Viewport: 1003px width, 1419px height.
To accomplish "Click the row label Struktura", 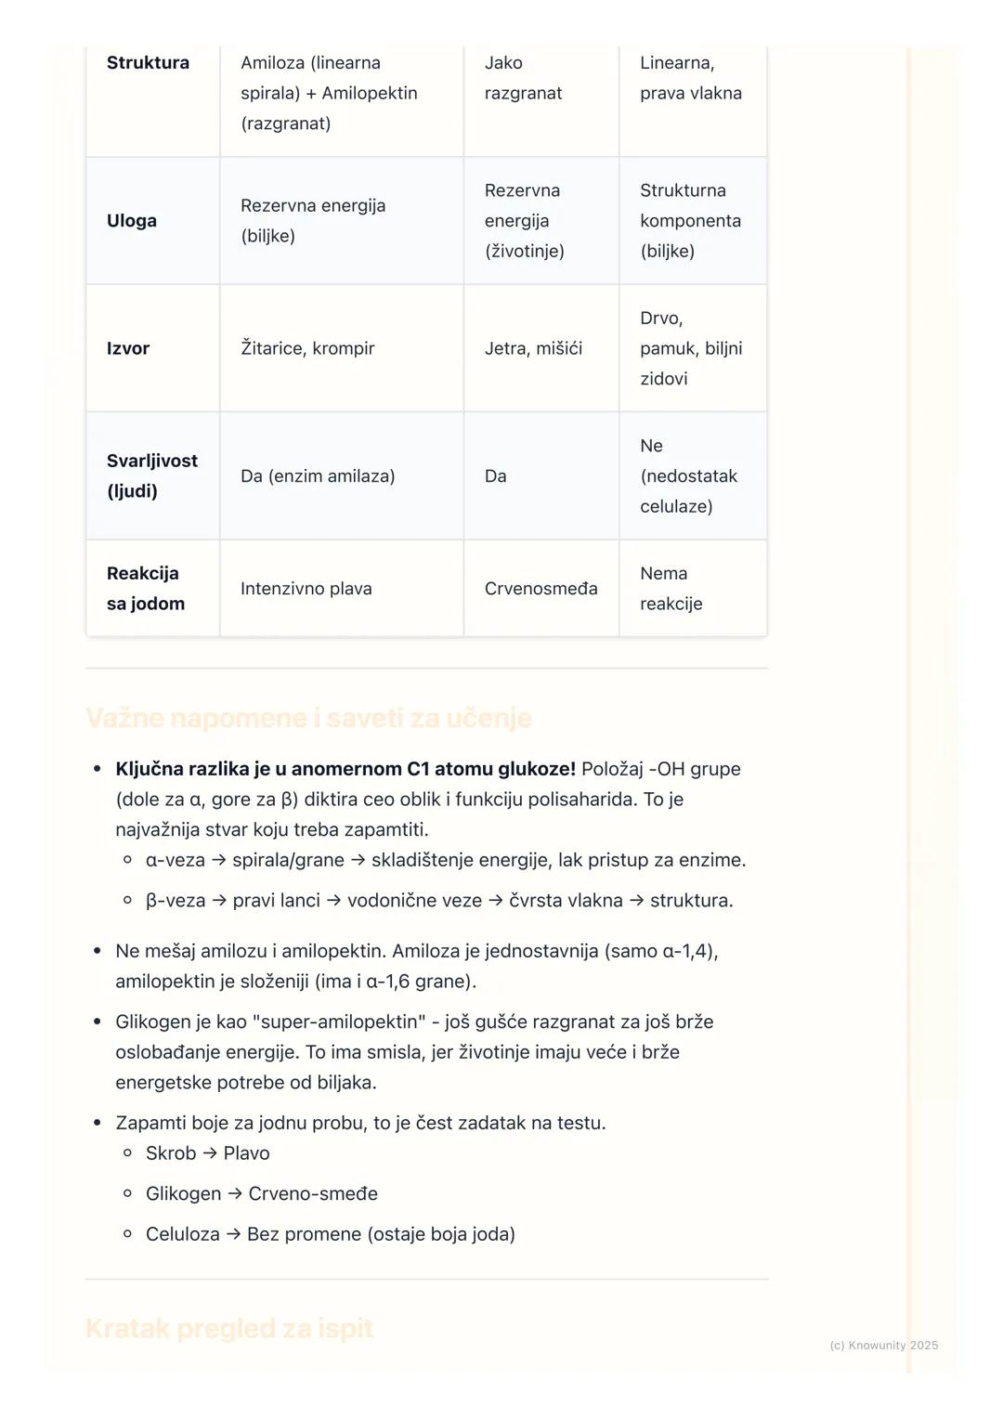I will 148,63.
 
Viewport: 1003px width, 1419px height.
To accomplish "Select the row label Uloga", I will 132,221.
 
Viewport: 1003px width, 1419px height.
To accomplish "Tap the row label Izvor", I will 128,348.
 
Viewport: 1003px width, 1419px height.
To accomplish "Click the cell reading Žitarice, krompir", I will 307,348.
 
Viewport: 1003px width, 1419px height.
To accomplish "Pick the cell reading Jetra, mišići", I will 533,348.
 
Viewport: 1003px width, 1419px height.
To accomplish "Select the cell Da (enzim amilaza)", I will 318,476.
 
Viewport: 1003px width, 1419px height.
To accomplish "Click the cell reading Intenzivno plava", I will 306,589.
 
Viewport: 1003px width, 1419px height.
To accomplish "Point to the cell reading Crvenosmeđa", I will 541,589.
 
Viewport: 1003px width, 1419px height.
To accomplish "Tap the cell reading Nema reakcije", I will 671,589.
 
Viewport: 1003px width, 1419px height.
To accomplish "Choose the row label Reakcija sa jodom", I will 146,589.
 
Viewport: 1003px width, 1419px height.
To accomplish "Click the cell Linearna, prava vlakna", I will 690,78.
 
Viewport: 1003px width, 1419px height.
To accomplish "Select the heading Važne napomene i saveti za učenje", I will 308,719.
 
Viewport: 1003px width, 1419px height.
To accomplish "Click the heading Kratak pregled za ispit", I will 229,1329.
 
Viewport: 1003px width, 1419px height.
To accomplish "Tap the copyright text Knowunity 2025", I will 883,1346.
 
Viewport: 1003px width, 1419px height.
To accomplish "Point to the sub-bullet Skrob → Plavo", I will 208,1153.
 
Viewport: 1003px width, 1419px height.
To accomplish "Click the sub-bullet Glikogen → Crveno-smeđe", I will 262,1194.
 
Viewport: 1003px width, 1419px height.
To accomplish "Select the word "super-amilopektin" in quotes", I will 337,1022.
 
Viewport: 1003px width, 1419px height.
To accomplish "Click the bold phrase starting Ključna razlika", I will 345,770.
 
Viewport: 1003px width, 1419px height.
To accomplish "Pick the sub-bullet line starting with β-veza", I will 439,901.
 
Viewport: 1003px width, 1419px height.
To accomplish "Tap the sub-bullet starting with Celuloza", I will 331,1234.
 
